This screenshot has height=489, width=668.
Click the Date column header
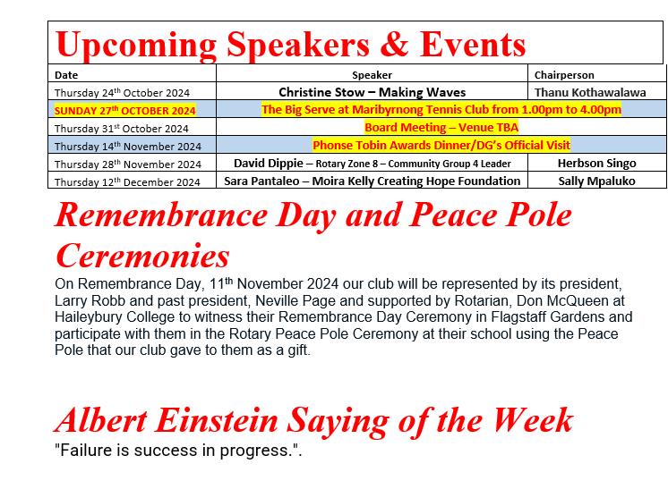coord(66,75)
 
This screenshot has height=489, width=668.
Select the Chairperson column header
coord(564,75)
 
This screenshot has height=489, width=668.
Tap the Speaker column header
coord(372,75)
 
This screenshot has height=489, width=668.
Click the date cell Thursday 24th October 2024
coord(123,93)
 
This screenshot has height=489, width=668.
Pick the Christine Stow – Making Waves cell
coord(373,92)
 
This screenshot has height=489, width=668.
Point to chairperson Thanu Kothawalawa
coord(590,92)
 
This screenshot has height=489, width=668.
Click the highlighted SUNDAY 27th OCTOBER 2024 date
coord(124,111)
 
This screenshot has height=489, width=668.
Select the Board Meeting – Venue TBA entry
coord(441,128)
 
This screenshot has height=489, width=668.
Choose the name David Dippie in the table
coord(269,164)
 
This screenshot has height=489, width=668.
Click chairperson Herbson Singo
coord(597,164)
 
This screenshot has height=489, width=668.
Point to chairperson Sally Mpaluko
coord(597,181)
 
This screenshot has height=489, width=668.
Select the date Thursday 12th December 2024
coord(127,182)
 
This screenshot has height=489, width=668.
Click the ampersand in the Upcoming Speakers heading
coord(394,44)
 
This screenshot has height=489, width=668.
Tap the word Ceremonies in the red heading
coord(142,256)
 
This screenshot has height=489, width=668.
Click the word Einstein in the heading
coord(217,420)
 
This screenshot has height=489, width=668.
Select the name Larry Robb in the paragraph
coord(90,300)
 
